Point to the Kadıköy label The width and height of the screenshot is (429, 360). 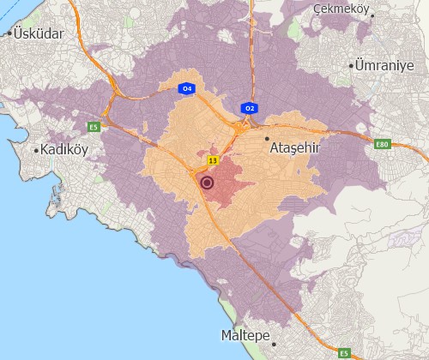pyautogui.click(x=65, y=149)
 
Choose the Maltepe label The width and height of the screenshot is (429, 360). pyautogui.click(x=246, y=333)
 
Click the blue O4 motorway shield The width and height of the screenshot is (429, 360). pyautogui.click(x=185, y=88)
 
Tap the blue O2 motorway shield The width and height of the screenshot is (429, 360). pyautogui.click(x=250, y=108)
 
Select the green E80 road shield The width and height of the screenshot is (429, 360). pyautogui.click(x=383, y=144)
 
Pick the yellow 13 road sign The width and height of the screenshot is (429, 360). pyautogui.click(x=211, y=160)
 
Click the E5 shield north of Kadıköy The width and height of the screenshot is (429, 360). pyautogui.click(x=94, y=128)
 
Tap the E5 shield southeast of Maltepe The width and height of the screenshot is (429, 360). pyautogui.click(x=344, y=352)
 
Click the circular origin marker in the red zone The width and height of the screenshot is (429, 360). pyautogui.click(x=206, y=182)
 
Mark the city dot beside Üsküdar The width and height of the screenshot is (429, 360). pyautogui.click(x=9, y=33)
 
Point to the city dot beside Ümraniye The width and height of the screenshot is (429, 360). pyautogui.click(x=352, y=65)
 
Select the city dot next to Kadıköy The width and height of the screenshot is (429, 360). pyautogui.click(x=36, y=150)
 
